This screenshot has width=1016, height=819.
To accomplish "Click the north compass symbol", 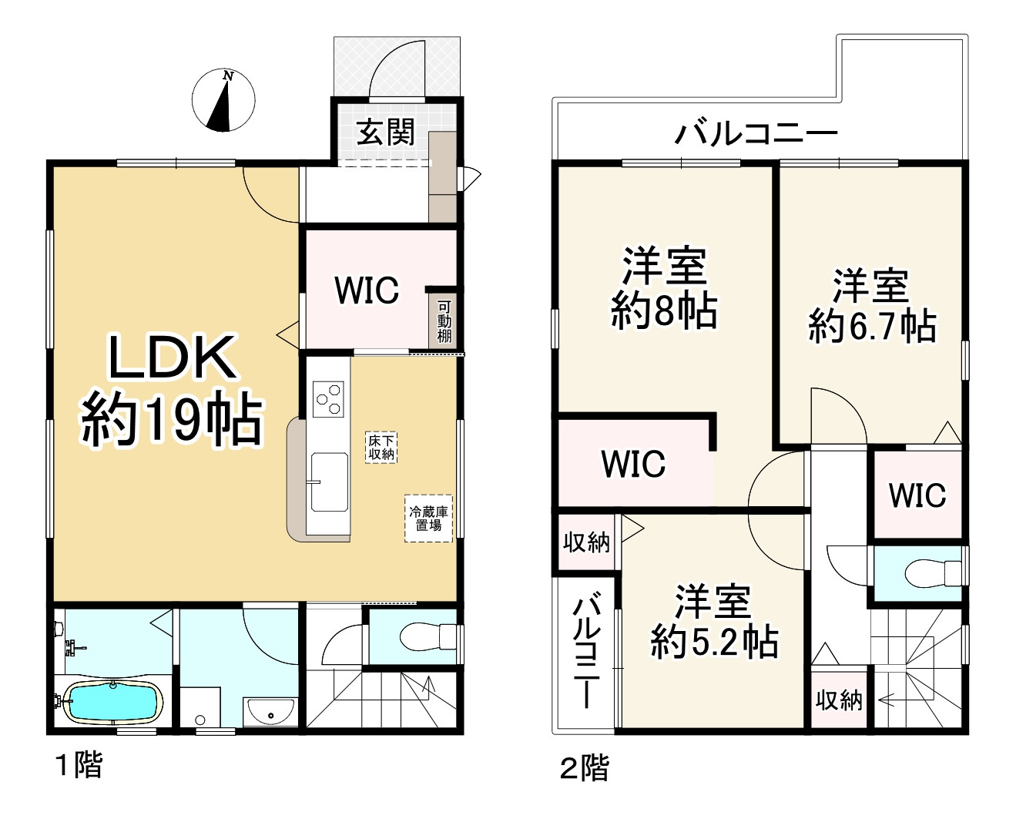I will click(x=223, y=101).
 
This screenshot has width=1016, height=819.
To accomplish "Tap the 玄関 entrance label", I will click(x=385, y=133).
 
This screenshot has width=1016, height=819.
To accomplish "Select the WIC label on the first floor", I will click(x=367, y=290).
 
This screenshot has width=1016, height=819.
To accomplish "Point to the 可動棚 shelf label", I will click(x=444, y=321).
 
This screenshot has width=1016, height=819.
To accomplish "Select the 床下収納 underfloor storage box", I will click(x=381, y=448).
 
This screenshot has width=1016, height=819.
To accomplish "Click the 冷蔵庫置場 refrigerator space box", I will click(x=428, y=519).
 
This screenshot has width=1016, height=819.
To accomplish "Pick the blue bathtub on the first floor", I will click(x=113, y=702).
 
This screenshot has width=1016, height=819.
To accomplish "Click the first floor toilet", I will click(x=428, y=636).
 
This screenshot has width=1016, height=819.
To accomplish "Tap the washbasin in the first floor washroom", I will click(x=270, y=711).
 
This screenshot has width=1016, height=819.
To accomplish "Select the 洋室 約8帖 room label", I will click(x=664, y=288).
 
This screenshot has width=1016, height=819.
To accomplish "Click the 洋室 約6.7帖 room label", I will click(x=871, y=306).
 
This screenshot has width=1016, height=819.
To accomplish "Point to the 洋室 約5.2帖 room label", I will click(x=713, y=622).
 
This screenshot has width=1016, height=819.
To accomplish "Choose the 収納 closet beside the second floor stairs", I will click(x=839, y=700).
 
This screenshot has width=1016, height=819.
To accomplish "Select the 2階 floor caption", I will click(x=584, y=767).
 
